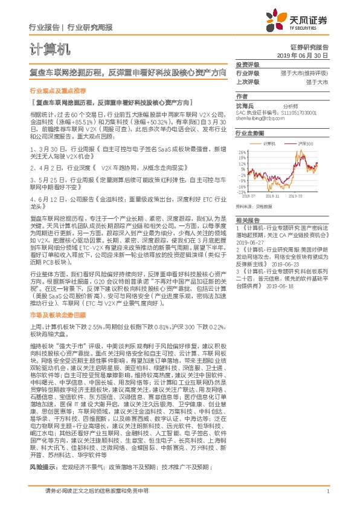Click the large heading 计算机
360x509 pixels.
[48, 48]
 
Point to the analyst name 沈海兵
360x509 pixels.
[245, 105]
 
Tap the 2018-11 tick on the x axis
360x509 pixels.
[280, 196]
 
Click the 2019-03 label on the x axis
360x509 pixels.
[304, 196]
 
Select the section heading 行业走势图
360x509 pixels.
[250, 132]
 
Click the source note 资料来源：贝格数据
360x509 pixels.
[254, 204]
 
